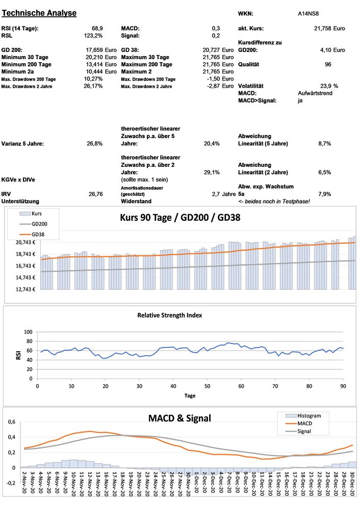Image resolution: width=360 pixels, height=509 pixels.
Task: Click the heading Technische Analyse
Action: click(39, 13)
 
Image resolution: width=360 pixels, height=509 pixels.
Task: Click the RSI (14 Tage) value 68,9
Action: click(97, 29)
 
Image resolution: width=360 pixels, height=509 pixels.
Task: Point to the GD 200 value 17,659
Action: click(95, 50)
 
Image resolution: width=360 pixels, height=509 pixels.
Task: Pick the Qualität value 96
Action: click(328, 65)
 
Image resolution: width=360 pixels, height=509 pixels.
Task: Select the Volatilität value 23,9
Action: click(325, 86)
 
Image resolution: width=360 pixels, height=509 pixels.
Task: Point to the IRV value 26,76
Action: click(96, 194)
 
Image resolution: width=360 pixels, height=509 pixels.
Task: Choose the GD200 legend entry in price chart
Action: click(40, 223)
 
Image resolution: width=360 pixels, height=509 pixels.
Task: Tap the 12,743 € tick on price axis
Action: click(24, 289)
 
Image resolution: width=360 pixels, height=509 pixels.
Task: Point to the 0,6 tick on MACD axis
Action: click(11, 422)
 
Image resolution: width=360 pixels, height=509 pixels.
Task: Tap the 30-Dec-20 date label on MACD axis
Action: click(352, 488)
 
